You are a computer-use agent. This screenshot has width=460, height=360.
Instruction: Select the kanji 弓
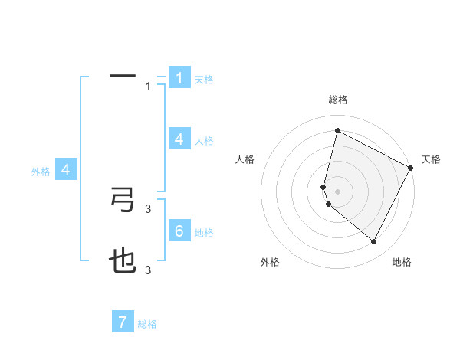(x=123, y=200)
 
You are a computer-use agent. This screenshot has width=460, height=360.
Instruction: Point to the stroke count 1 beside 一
(x=149, y=87)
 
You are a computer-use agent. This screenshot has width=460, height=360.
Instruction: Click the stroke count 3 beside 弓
(x=149, y=208)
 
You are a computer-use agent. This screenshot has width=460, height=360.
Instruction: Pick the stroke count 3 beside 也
(x=149, y=270)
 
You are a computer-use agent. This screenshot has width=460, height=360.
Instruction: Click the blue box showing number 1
(x=179, y=77)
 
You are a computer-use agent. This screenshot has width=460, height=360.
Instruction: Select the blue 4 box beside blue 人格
(x=179, y=139)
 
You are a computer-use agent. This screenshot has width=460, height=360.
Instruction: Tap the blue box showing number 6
(x=179, y=231)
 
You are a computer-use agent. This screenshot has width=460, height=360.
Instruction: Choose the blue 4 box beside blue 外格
(x=66, y=170)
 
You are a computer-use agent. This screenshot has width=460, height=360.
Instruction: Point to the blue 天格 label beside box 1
(x=204, y=79)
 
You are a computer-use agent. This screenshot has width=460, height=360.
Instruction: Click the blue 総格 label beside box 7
(x=147, y=324)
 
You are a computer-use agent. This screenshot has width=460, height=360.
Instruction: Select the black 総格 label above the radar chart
(x=338, y=100)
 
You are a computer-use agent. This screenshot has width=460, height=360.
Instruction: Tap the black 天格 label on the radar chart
(x=431, y=159)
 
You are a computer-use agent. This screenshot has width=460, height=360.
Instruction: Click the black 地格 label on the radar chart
(x=402, y=262)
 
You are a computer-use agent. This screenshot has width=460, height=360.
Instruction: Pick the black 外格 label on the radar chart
(x=270, y=262)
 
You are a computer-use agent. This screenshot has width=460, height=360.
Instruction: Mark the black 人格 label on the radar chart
(x=245, y=159)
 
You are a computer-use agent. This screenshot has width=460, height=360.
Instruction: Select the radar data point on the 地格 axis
(x=374, y=242)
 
